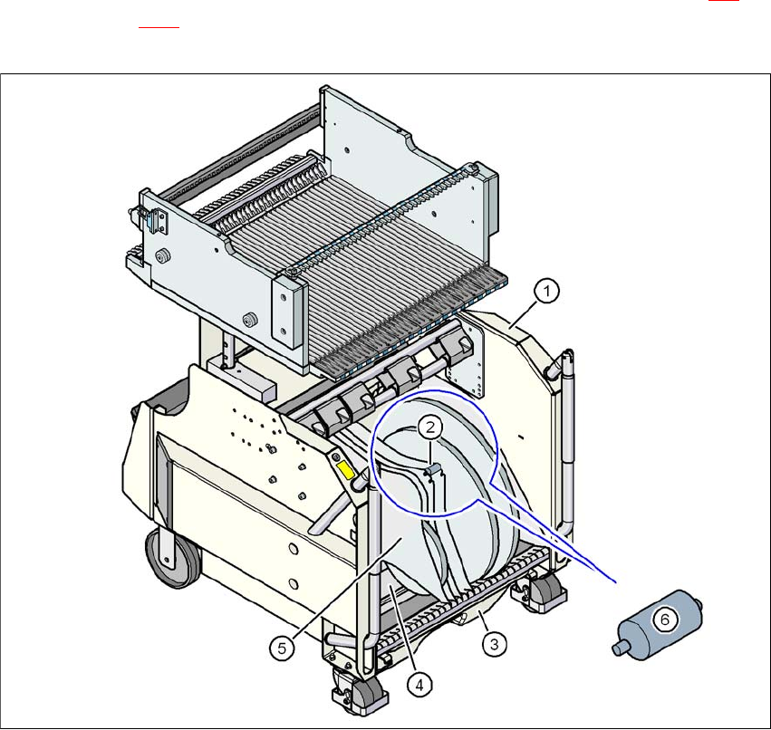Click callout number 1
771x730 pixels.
(546, 291)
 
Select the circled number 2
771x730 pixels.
(430, 427)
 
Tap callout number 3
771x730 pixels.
(494, 644)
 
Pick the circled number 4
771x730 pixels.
(419, 685)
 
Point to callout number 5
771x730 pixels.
(282, 648)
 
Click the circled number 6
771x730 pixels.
(665, 619)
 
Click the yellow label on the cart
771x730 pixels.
(346, 470)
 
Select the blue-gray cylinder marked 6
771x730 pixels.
(657, 624)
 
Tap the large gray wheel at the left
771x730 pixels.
(172, 558)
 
